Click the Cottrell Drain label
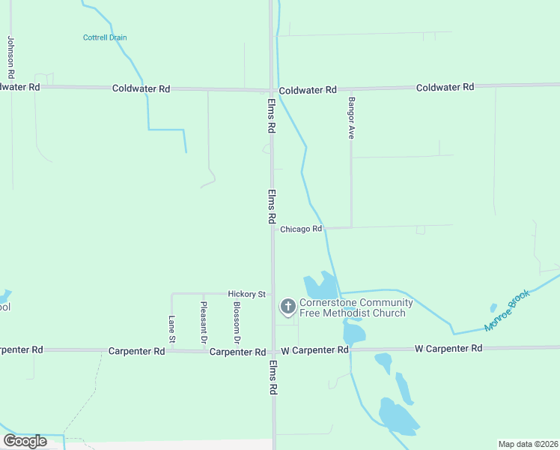[105, 37]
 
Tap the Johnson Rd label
[11, 58]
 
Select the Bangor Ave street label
[350, 118]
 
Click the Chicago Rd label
[301, 229]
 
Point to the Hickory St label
[247, 295]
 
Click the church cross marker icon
[287, 306]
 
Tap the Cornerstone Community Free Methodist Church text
[356, 307]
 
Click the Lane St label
[171, 329]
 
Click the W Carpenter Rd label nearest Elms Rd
[314, 350]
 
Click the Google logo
[25, 441]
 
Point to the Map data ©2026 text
[529, 444]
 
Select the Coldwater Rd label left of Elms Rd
[141, 88]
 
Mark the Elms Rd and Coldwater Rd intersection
[272, 89]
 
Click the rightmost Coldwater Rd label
[445, 87]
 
